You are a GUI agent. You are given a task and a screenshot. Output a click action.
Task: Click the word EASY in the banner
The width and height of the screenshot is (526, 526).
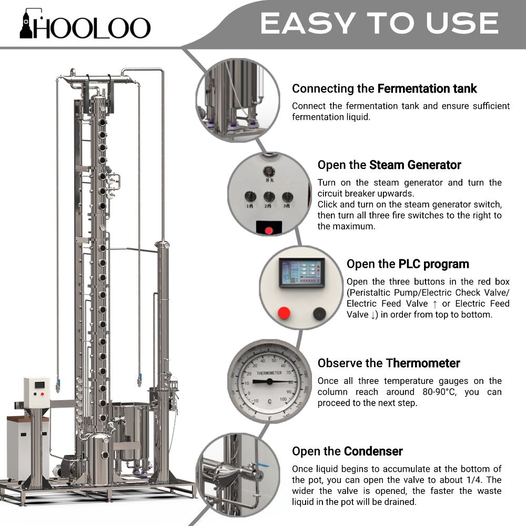308,23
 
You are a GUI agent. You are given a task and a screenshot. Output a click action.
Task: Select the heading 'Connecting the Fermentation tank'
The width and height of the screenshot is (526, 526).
384,88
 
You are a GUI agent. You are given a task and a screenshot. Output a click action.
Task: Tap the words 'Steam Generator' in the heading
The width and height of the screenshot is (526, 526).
415,165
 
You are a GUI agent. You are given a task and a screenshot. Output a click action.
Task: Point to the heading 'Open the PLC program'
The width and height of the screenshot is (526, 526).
408,264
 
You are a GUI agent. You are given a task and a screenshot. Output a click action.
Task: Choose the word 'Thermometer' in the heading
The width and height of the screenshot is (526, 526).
423,363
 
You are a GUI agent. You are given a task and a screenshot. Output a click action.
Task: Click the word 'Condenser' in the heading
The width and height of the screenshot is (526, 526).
373,451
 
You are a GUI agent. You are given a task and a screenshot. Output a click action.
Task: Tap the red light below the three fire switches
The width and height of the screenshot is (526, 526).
269,230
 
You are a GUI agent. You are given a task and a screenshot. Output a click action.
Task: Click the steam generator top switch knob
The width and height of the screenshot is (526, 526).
269,171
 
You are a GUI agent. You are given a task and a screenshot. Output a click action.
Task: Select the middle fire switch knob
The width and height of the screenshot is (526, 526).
269,197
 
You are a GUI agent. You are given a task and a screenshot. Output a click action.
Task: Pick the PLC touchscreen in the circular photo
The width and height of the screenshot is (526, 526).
301,273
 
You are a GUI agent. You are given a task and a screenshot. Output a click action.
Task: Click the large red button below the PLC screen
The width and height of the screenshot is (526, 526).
284,313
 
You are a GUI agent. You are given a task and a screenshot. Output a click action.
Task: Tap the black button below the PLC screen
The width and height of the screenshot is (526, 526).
319,313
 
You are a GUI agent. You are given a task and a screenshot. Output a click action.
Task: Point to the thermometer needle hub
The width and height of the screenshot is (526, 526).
269,381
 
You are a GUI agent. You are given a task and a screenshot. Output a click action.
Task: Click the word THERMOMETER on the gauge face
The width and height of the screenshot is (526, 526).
269,373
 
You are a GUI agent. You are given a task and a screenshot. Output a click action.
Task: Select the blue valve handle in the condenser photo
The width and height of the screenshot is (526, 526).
260,465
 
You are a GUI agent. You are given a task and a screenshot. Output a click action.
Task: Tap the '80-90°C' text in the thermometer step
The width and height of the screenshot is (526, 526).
439,392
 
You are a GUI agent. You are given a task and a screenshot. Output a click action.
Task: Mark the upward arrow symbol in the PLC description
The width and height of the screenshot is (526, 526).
435,304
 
